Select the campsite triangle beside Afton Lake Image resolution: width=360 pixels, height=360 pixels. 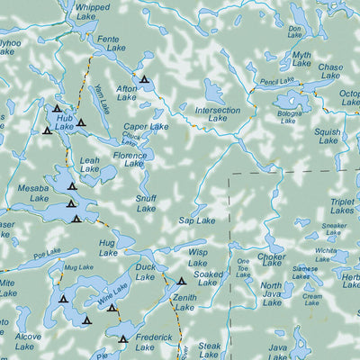144,80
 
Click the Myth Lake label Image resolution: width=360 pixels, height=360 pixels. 301,59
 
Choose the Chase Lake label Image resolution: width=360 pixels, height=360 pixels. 330,71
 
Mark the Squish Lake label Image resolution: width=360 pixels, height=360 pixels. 328,136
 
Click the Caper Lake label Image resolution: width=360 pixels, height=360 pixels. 146,127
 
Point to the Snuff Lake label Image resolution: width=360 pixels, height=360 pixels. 146,204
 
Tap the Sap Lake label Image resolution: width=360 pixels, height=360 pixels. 197,220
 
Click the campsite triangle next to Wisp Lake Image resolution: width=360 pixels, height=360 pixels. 181,280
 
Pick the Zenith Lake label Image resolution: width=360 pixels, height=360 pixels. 185,301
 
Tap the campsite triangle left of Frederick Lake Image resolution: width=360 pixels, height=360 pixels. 123,339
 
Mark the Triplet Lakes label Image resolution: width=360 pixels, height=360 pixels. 342,208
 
